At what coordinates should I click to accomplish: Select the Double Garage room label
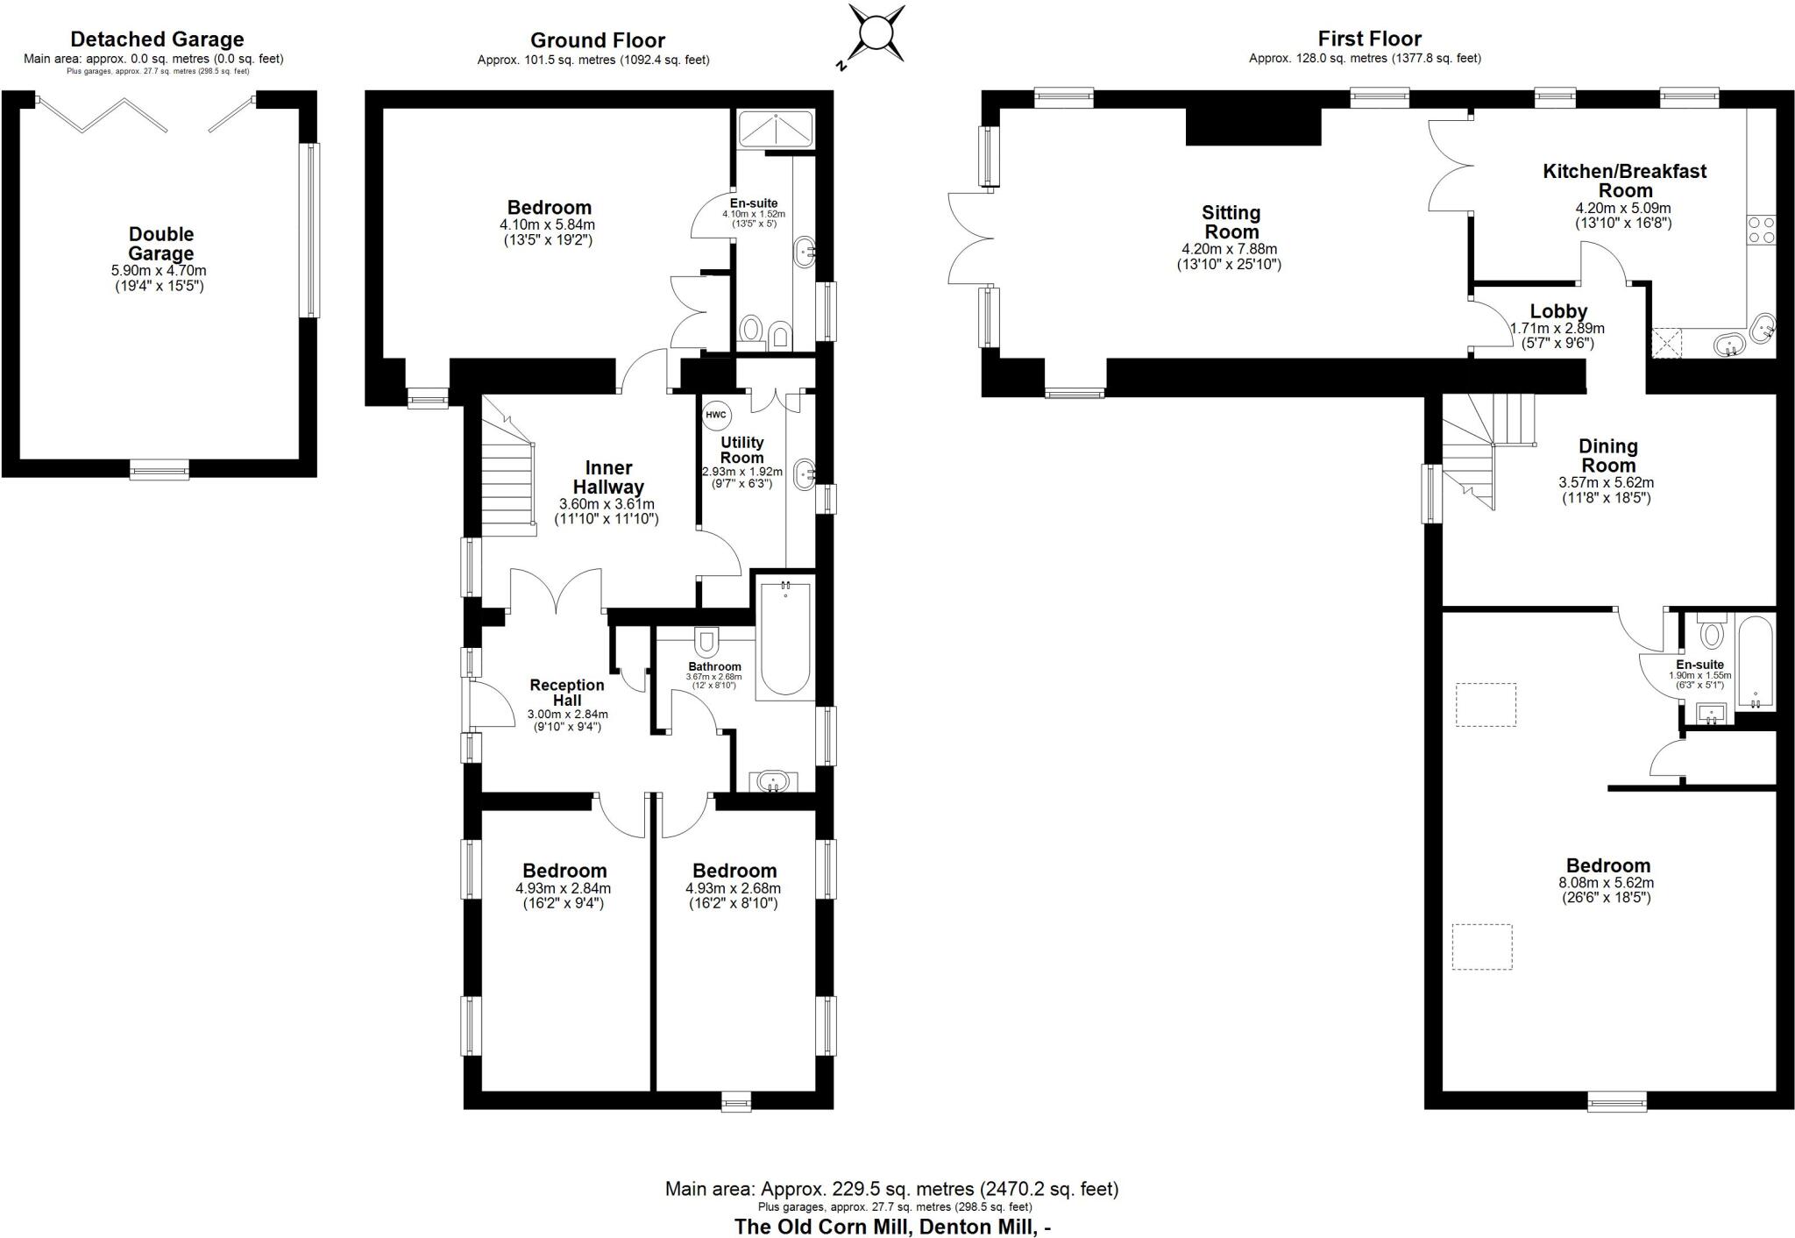point(161,244)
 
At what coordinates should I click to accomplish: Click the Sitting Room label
point(1231,222)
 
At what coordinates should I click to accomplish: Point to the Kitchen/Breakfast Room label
point(1623,180)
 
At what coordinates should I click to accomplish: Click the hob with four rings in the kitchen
point(1761,230)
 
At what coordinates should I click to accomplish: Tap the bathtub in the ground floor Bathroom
point(785,637)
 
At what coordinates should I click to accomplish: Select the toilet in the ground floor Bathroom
point(706,639)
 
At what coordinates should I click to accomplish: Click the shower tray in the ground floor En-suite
point(777,129)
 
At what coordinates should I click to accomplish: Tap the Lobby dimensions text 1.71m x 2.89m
point(1557,329)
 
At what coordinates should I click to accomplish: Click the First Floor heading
point(1369,39)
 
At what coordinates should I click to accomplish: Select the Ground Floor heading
point(597,40)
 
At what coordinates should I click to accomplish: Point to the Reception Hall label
point(567,693)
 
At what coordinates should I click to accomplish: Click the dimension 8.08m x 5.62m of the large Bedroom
point(1607,883)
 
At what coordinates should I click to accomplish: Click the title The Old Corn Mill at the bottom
point(891,1226)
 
